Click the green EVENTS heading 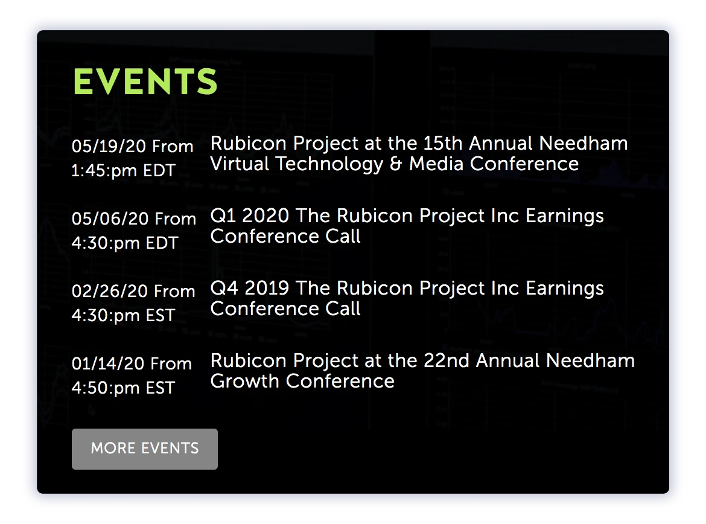click(x=145, y=81)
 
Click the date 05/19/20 click(x=109, y=147)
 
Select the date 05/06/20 click(x=110, y=219)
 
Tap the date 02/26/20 click(x=109, y=292)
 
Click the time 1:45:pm click(x=104, y=171)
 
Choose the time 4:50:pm click(x=106, y=388)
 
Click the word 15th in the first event click(x=442, y=143)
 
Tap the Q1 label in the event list click(x=223, y=216)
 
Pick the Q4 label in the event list click(x=224, y=289)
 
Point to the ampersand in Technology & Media click(x=396, y=164)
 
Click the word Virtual click(x=240, y=164)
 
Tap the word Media click(x=436, y=164)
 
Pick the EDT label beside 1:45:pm click(x=159, y=171)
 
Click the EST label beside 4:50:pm click(x=161, y=388)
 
